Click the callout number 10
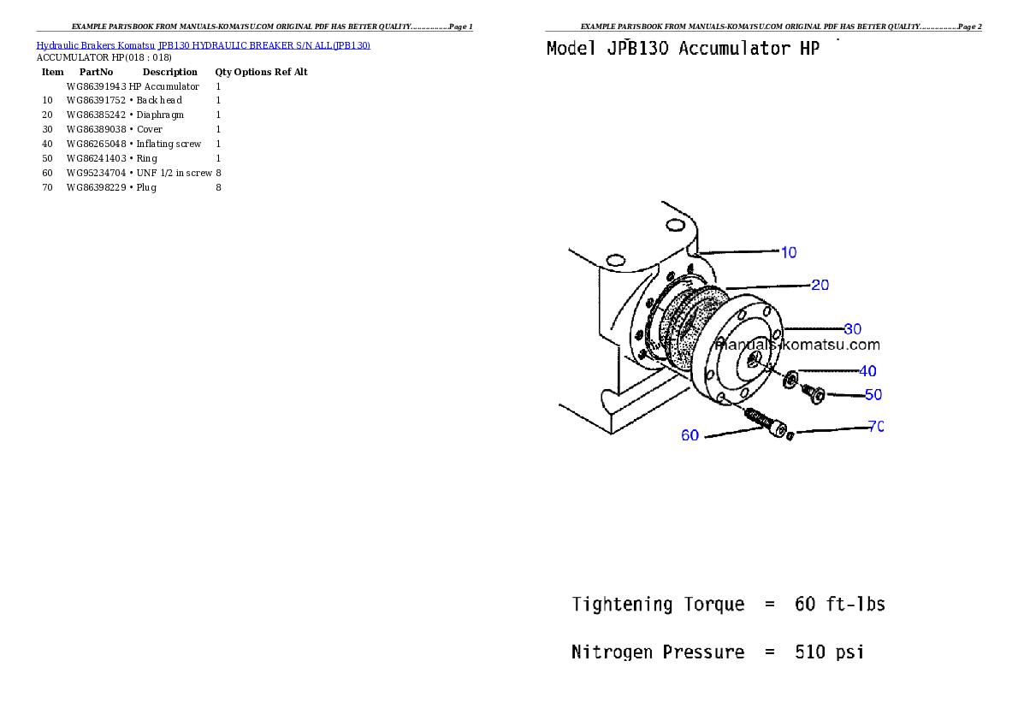pos(789,252)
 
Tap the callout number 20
pos(820,285)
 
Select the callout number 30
pos(852,328)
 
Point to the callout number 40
pos(867,371)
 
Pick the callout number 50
pos(873,394)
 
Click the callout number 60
pos(690,435)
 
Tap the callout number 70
pos(875,426)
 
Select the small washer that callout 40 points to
pos(791,376)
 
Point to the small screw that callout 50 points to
pos(812,393)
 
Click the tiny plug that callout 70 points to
pos(790,436)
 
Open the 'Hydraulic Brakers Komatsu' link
pos(95,45)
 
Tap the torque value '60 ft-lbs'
pos(839,605)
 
